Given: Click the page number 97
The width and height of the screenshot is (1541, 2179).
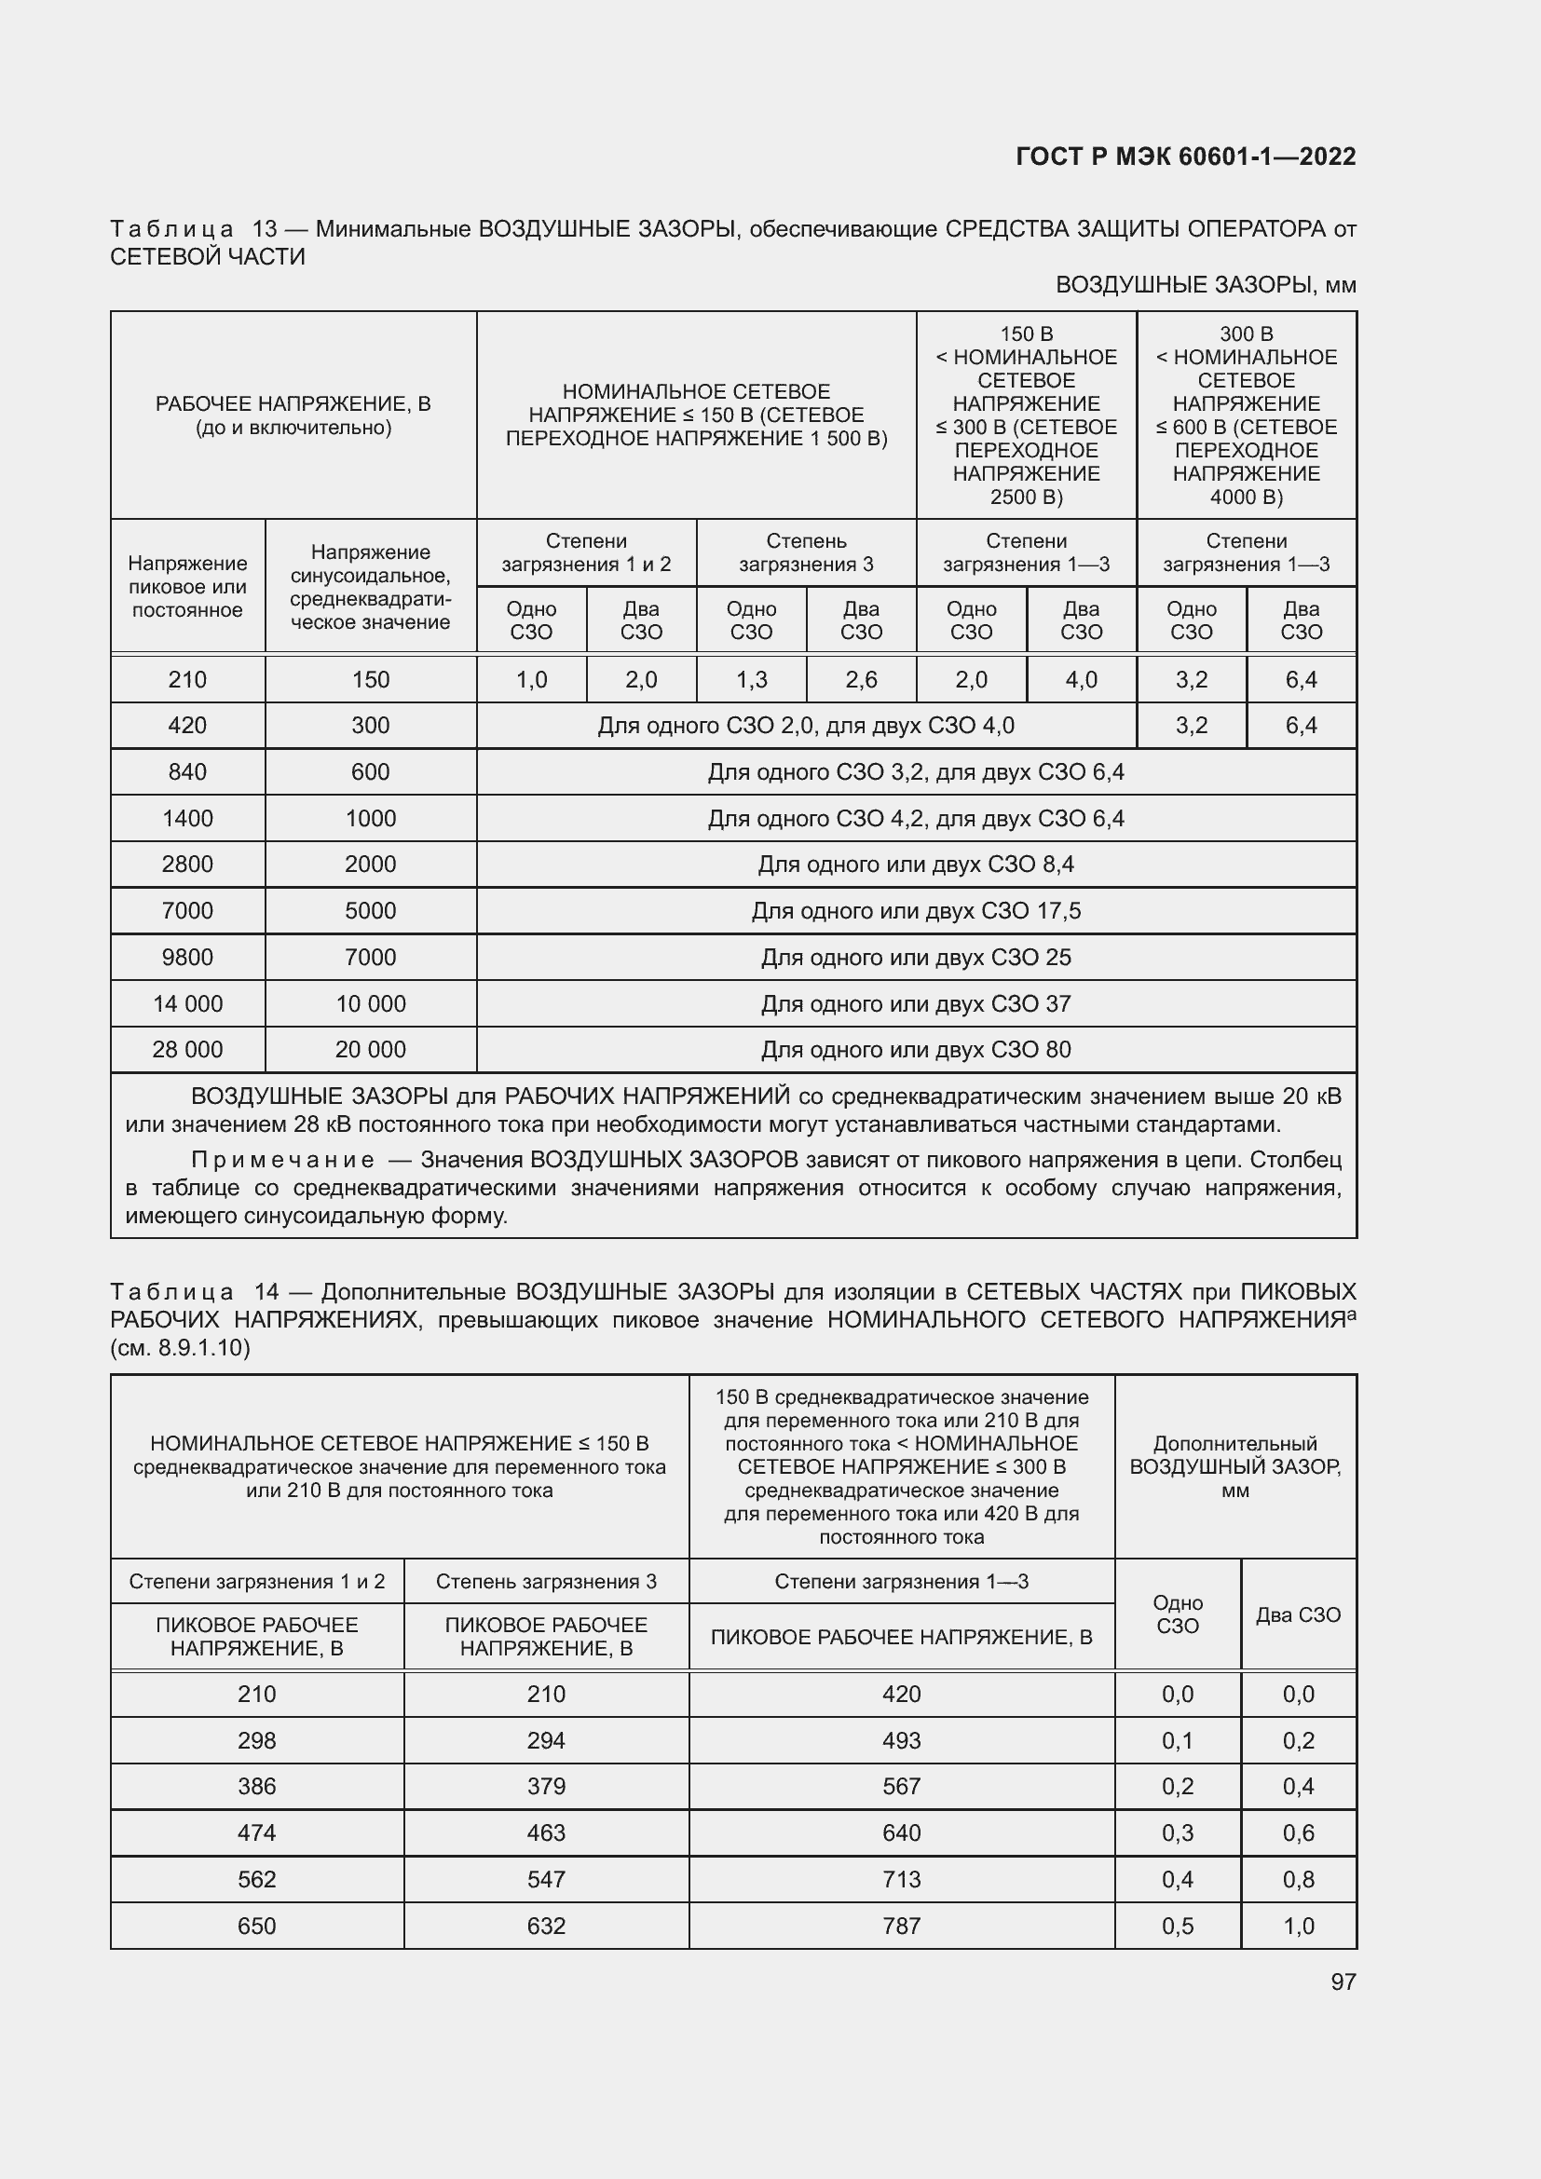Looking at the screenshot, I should coord(1343,1982).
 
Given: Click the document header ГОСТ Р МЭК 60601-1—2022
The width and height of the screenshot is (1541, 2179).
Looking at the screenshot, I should coord(1185,157).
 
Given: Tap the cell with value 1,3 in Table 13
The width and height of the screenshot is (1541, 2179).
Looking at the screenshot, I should coord(751,679).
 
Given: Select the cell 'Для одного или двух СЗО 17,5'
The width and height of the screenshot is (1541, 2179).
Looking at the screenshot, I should coord(916,911).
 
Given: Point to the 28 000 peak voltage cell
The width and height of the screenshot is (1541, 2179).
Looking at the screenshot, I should coord(188,1050).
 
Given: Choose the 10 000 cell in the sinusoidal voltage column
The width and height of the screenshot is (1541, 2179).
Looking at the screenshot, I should coord(370,1003).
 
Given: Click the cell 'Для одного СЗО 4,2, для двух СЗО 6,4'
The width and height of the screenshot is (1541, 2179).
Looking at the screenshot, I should coord(916,818).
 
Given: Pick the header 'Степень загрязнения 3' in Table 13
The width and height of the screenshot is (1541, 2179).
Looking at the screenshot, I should coord(806,552).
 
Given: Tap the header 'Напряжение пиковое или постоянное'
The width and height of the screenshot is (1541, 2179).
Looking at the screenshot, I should coord(188,587).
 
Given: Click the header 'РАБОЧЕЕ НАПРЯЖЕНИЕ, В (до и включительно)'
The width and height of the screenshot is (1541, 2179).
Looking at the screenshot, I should coord(293,415).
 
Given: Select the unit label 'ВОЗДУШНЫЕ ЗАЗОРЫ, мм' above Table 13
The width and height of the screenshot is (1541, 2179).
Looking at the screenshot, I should coord(1205,285).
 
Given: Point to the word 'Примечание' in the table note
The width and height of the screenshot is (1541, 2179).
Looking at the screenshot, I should coord(281,1160).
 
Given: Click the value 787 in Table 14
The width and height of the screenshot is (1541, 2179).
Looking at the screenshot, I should coord(901,1926).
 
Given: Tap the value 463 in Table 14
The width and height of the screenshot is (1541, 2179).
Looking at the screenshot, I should coord(546,1832).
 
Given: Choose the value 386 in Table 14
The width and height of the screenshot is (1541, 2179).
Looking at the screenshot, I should coord(256,1786).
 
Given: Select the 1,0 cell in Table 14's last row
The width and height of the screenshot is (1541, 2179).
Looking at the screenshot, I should coord(1298,1926).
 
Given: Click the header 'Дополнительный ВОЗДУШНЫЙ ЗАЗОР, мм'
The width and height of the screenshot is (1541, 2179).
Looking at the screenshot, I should coord(1234,1466).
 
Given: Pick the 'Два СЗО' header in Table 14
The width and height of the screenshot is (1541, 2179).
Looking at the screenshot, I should coord(1298,1614).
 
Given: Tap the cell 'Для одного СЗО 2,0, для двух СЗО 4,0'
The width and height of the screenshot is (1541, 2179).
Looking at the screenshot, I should coord(806,726).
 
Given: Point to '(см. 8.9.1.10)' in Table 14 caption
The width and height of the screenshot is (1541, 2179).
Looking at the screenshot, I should coord(181,1348).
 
